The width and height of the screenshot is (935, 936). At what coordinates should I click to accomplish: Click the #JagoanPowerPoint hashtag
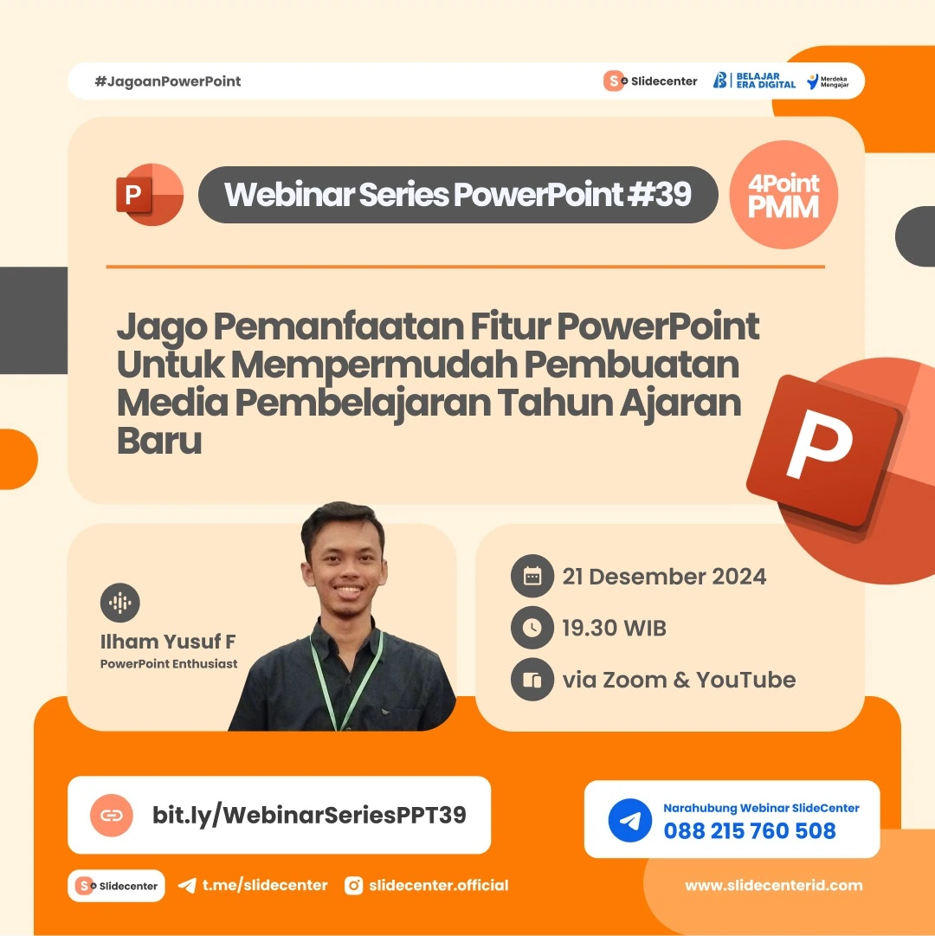pos(168,81)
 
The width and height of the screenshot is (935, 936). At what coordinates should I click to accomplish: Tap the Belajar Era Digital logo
pos(754,81)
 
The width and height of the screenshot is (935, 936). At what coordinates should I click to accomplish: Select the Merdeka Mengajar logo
pos(828,81)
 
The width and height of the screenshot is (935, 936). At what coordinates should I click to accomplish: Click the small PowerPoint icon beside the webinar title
pos(148,195)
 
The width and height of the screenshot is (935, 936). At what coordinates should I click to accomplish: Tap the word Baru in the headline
pos(159,441)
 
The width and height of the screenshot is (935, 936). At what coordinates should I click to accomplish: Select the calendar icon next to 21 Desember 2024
pos(532,577)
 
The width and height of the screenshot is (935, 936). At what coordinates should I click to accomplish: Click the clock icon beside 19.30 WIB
pos(532,628)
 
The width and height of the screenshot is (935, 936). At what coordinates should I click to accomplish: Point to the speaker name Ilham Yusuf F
pos(168,642)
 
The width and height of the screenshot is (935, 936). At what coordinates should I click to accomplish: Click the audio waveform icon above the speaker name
pos(120,603)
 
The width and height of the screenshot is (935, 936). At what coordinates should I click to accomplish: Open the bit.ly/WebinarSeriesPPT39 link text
pos(309,815)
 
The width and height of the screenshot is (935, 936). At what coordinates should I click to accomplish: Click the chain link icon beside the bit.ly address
pos(112,815)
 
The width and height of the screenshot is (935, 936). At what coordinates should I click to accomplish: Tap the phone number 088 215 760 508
pos(750,831)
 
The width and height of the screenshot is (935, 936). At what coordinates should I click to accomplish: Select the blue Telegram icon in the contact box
pos(629,820)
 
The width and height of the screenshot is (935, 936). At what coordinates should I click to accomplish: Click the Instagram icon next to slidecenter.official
pos(353,885)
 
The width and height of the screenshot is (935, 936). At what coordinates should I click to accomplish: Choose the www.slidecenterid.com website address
pos(774,885)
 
